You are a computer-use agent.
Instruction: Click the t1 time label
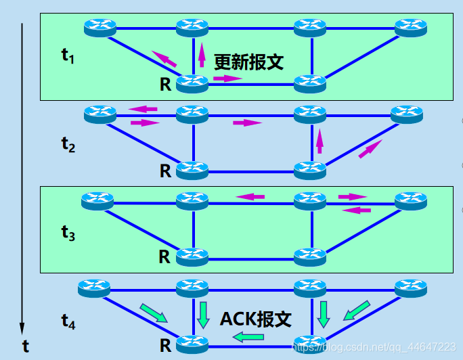pyautogui.click(x=68, y=56)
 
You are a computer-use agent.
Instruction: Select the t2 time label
pyautogui.click(x=68, y=144)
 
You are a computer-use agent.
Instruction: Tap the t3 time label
pyautogui.click(x=68, y=233)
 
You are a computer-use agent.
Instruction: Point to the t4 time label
pyautogui.click(x=68, y=321)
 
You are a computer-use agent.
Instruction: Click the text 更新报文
pyautogui.click(x=248, y=62)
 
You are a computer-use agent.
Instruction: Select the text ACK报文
pyautogui.click(x=256, y=319)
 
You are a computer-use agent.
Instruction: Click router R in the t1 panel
pyautogui.click(x=192, y=84)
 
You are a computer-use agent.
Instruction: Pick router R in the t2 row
pyautogui.click(x=192, y=170)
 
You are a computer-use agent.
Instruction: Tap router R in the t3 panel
pyautogui.click(x=192, y=257)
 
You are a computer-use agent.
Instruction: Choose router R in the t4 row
pyautogui.click(x=192, y=344)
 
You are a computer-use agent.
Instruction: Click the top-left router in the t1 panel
pyautogui.click(x=101, y=27)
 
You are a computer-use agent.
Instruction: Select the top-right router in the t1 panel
pyautogui.click(x=411, y=27)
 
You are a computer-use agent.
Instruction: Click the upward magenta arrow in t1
pyautogui.click(x=202, y=54)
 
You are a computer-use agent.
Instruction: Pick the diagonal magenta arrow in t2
pyautogui.click(x=370, y=149)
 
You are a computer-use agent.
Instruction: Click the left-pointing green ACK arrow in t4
pyautogui.click(x=250, y=336)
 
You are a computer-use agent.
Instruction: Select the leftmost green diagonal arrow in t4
pyautogui.click(x=152, y=313)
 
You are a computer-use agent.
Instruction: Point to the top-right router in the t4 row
pyautogui.click(x=411, y=288)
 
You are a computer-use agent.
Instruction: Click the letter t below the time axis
pyautogui.click(x=25, y=347)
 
